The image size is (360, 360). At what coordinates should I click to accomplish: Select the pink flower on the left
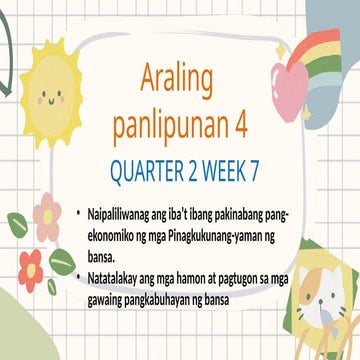46,216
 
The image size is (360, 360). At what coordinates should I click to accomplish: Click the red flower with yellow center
31,266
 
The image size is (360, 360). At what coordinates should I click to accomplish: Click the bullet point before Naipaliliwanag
80,212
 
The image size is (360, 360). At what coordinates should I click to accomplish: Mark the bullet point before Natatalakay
80,268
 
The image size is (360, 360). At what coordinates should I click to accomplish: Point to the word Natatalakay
119,268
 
